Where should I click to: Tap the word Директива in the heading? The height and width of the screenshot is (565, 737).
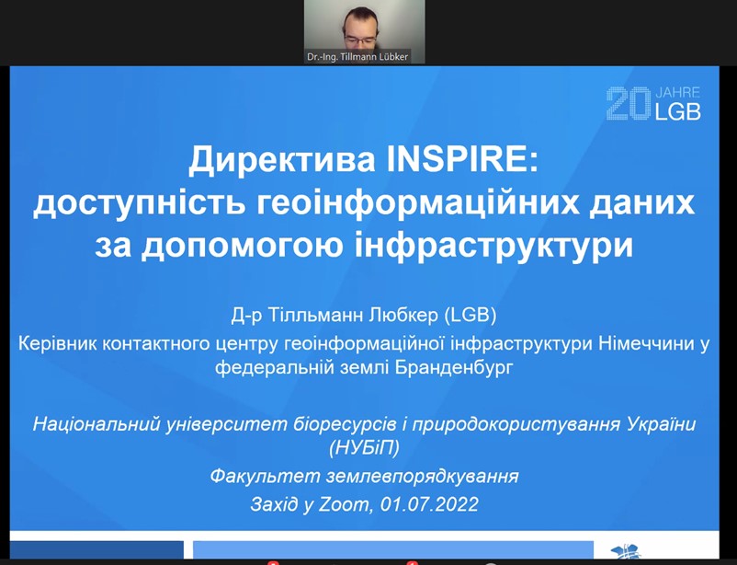click(x=282, y=160)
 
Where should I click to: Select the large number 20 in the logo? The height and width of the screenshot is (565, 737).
click(x=629, y=103)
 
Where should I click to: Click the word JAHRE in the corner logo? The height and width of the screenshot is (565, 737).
click(x=678, y=92)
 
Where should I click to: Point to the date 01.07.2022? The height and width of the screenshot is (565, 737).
click(x=429, y=504)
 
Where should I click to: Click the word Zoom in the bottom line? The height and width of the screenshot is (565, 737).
click(x=344, y=505)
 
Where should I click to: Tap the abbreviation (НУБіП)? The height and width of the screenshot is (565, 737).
click(x=365, y=447)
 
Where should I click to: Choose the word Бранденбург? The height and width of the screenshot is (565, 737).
click(x=454, y=367)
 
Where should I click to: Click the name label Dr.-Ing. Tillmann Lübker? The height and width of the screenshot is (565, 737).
click(x=357, y=57)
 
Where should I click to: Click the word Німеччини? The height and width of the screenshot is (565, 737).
click(x=644, y=343)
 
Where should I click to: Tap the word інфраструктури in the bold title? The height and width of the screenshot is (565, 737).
click(x=493, y=245)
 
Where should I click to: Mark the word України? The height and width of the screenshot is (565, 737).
click(x=662, y=423)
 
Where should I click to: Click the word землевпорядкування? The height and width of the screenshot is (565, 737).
click(x=422, y=477)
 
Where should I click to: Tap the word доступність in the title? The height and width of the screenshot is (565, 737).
click(x=140, y=203)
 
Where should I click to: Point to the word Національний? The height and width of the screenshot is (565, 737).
click(x=97, y=424)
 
